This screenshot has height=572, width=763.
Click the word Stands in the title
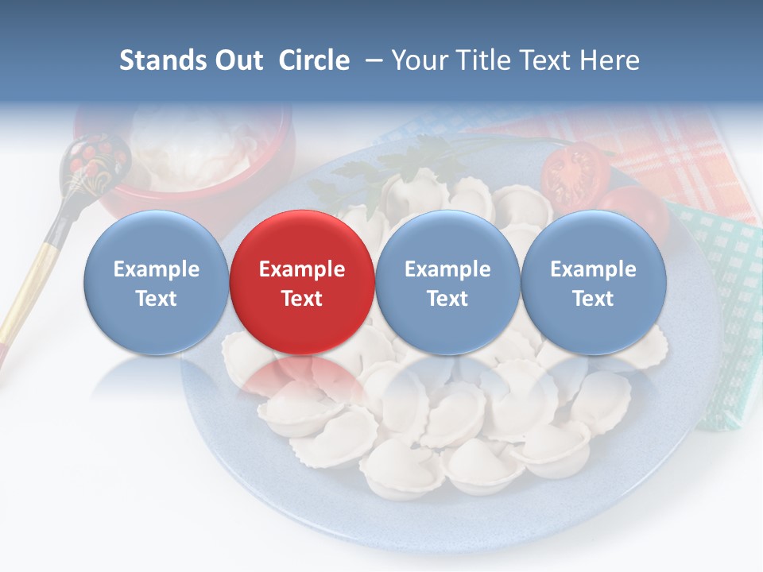(162, 60)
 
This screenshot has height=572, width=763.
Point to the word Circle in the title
(313, 60)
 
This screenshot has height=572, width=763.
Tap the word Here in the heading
(610, 60)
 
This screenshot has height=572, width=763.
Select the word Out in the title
(239, 60)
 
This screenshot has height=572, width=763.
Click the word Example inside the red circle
(301, 269)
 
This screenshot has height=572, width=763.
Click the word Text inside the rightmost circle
(593, 299)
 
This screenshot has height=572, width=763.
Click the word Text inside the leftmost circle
(156, 299)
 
